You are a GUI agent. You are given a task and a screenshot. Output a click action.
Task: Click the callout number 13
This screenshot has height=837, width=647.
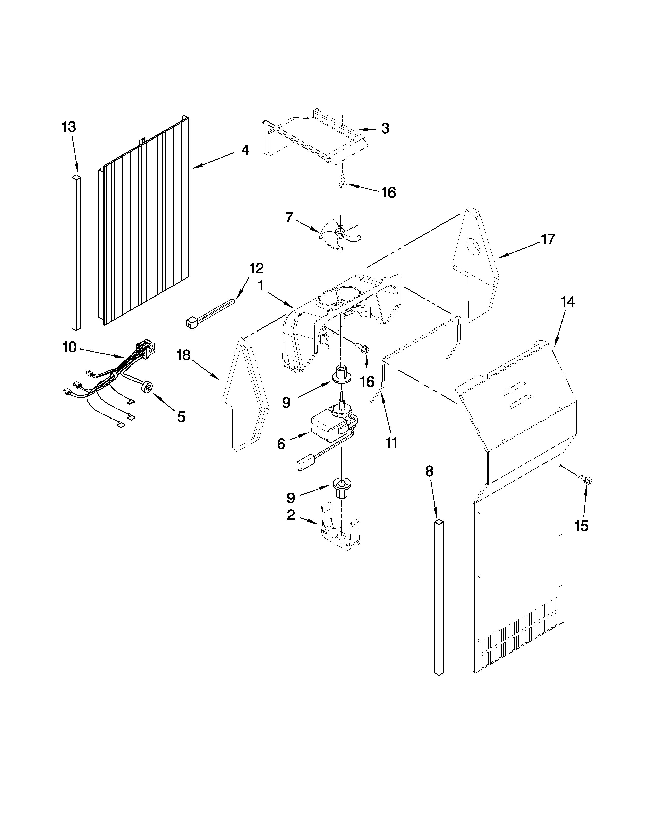[69, 127]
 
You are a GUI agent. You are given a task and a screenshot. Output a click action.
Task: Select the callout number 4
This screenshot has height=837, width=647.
[245, 150]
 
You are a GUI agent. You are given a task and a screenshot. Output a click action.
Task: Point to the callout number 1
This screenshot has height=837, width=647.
[261, 286]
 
